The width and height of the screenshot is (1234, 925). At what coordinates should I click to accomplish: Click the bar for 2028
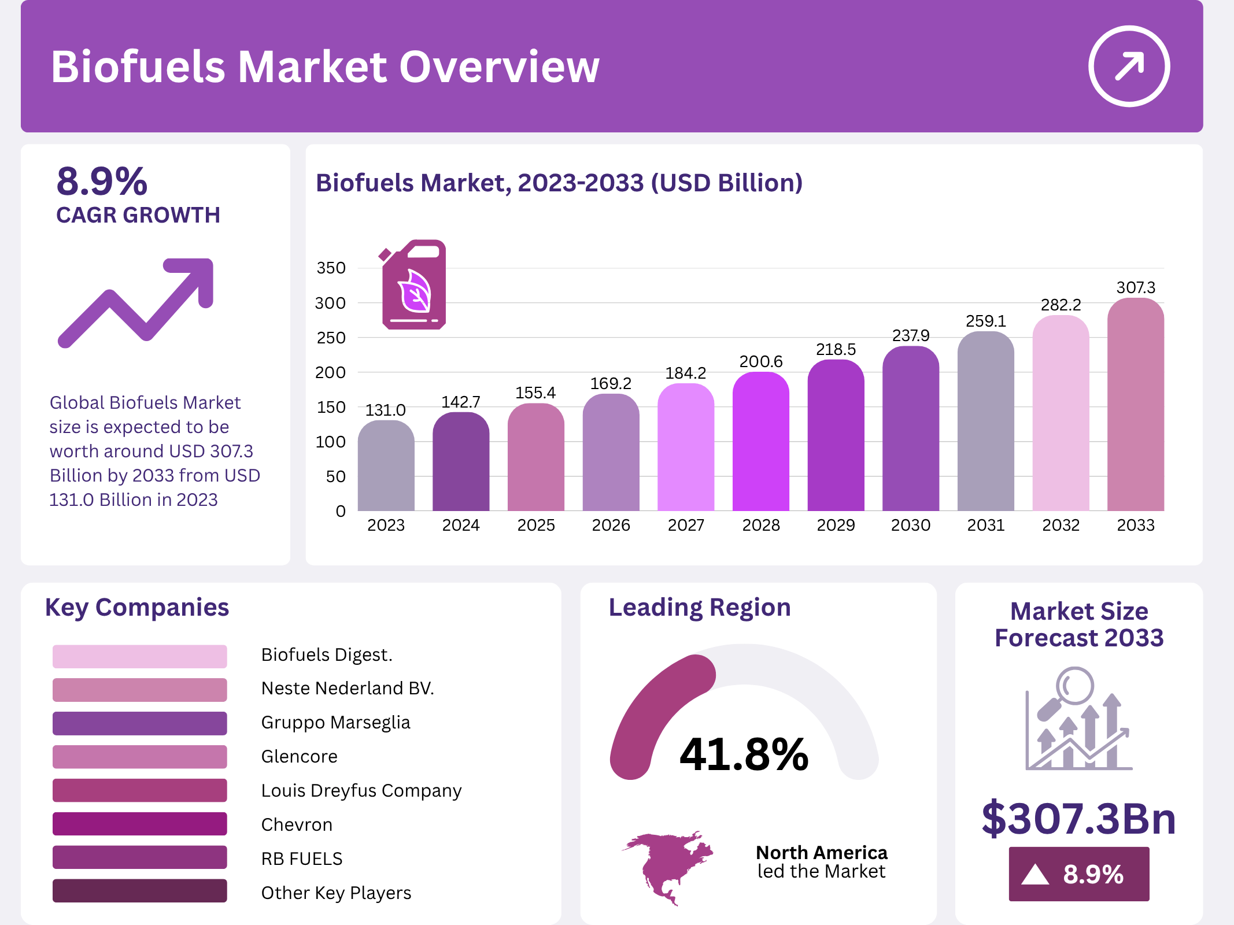pos(760,442)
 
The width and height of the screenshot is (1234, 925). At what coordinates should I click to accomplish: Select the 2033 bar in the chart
pos(1135,405)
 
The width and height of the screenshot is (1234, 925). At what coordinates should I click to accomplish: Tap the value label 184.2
pos(685,373)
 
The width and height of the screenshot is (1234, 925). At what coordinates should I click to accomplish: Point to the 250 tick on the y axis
pos(331,338)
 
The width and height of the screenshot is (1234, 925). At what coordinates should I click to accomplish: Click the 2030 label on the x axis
pos(910,525)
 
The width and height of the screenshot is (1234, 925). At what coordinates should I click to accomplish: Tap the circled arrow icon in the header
pos(1129,66)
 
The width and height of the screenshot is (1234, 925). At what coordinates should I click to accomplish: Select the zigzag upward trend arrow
pos(136,302)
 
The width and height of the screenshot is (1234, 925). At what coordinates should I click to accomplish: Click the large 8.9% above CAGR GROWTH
pos(102,182)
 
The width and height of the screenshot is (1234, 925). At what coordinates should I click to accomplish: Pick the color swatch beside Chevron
pos(139,824)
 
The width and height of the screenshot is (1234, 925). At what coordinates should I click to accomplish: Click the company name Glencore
pos(299,756)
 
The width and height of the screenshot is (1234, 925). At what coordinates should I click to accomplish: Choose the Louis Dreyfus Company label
pos(361,790)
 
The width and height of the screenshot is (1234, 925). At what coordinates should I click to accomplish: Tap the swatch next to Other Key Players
pos(139,891)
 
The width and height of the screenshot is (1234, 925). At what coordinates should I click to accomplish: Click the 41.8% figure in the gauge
pos(744,754)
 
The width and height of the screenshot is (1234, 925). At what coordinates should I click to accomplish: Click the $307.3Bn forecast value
pos(1078,818)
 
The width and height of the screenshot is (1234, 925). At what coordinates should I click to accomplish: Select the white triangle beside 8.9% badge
pos(1035,874)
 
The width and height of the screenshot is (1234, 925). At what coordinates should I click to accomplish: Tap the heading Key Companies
pos(137,608)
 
